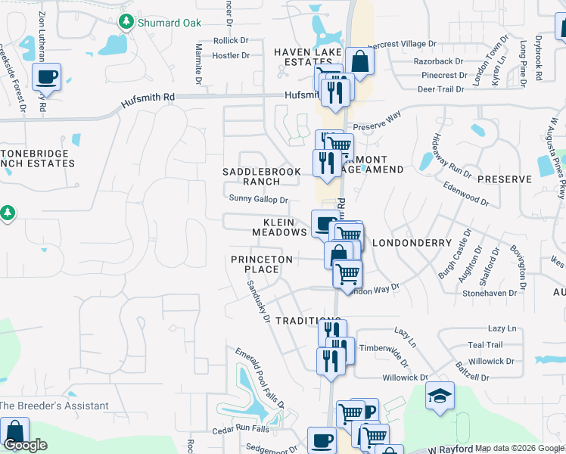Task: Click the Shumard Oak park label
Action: (169, 23)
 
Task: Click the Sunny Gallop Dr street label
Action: (258, 200)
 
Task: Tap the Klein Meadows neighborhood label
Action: (285, 227)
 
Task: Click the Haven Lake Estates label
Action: (308, 57)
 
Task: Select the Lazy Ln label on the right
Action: (502, 328)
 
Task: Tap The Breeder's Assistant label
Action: (54, 406)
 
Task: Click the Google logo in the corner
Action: (25, 445)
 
